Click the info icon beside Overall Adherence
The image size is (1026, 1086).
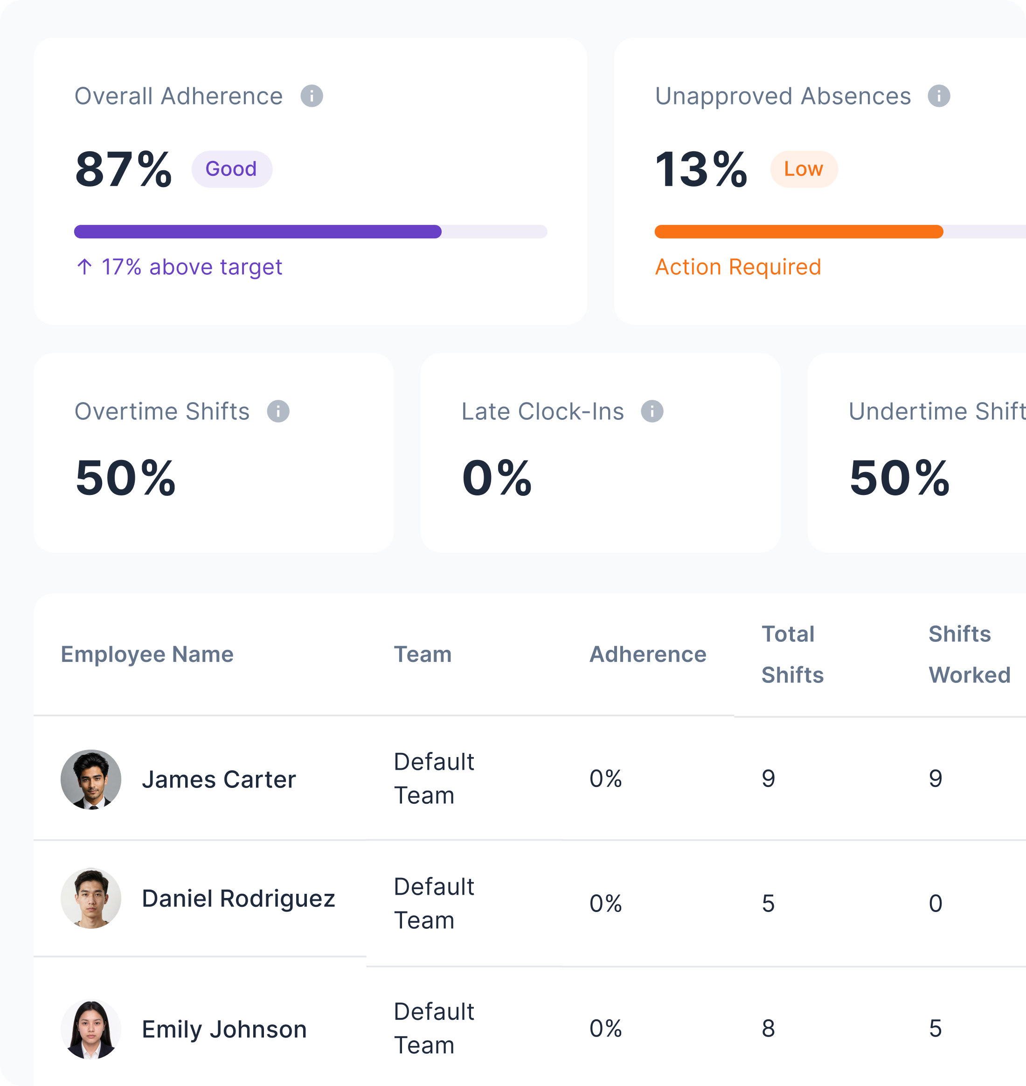point(312,96)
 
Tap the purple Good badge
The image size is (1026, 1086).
point(231,169)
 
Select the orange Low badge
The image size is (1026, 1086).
point(804,169)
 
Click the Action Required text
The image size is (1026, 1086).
point(738,267)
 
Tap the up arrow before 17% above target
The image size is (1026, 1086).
point(84,266)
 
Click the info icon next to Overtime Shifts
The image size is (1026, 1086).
point(278,411)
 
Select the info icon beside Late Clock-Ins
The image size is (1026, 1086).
point(652,411)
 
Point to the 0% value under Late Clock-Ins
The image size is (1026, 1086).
point(497,478)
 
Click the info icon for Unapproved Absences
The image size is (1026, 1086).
point(939,96)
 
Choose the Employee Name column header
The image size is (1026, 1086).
point(147,654)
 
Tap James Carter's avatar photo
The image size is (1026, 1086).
point(91,780)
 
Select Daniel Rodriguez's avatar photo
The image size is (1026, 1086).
point(91,898)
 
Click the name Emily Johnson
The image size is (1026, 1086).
point(224,1029)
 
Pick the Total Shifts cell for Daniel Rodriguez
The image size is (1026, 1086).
point(769,903)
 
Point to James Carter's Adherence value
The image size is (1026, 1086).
point(605,779)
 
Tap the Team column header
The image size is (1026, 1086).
point(423,654)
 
